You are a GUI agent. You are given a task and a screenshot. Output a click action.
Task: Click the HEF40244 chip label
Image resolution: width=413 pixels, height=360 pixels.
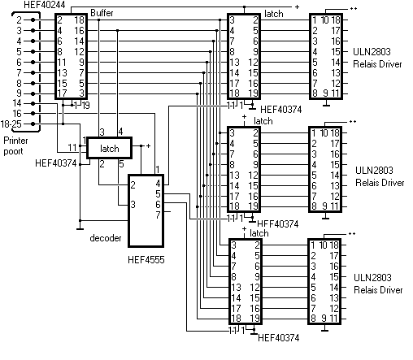coord(45,5)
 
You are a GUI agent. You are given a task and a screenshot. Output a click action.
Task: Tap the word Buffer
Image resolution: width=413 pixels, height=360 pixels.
coord(102,13)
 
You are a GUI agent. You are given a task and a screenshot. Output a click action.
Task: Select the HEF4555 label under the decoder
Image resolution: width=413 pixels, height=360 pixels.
coord(146,260)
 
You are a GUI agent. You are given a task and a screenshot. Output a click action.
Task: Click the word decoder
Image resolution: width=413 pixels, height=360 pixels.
coord(106,238)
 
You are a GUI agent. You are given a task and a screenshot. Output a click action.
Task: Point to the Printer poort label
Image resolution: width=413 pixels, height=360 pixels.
coord(15,145)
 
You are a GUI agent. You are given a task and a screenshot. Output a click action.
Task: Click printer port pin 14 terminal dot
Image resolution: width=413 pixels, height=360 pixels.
coord(33,103)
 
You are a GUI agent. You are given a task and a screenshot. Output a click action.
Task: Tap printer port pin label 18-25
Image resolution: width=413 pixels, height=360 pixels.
coord(11,124)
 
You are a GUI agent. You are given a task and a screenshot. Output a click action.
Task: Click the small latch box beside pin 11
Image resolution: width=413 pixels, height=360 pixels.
coord(109,148)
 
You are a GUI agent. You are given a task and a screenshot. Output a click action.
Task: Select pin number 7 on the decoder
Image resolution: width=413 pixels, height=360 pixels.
coord(158,215)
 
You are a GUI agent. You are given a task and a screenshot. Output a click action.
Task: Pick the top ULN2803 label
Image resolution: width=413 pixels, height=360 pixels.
coord(372,51)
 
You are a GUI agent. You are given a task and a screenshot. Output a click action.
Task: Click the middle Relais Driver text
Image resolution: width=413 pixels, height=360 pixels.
coord(380,183)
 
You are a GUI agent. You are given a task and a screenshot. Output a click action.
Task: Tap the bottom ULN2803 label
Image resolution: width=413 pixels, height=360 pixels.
coord(372,277)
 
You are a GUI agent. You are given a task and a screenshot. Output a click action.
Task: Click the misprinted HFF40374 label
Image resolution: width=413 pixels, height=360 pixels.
coord(277,224)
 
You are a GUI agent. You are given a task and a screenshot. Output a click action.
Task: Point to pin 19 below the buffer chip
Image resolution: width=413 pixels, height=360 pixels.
coord(85,106)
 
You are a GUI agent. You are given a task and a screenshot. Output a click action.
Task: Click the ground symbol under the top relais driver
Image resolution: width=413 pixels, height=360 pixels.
coord(326,104)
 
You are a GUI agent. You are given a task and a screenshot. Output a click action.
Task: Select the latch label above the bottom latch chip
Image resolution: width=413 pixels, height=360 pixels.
coord(259,233)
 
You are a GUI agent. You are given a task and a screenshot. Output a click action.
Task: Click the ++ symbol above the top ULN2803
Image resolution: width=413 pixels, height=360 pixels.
coord(354,8)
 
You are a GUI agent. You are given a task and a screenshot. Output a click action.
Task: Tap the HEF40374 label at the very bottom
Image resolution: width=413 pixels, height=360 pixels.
coord(279,338)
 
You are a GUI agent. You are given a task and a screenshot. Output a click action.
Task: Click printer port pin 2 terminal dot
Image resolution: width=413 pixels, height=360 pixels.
coord(33,20)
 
